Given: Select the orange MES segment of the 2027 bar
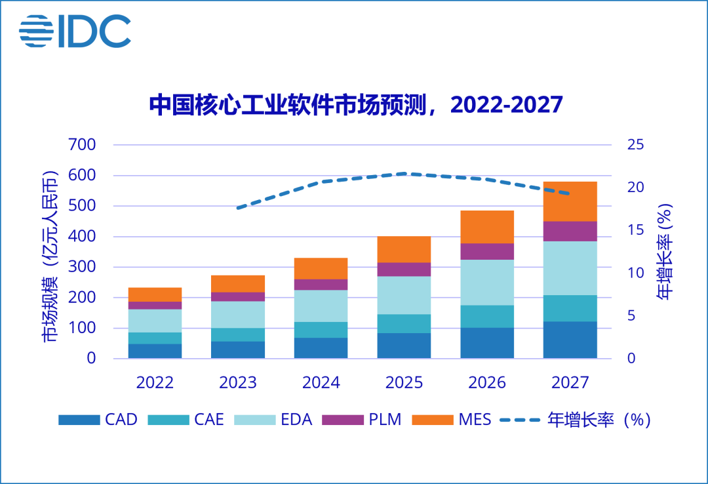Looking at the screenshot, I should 570,201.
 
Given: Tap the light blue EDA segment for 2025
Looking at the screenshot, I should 404,295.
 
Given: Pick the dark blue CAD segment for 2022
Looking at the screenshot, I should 155,351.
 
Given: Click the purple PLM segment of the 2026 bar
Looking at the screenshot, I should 487,252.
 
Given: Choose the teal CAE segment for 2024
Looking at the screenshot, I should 321,330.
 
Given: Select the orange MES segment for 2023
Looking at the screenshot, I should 238,283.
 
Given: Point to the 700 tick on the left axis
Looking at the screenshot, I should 83,145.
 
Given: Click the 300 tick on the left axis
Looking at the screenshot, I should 83,267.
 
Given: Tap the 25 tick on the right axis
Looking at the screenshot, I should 635,145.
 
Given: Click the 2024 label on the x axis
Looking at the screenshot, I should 321,382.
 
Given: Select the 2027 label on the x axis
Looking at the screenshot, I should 570,382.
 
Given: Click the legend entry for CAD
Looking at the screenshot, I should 98,420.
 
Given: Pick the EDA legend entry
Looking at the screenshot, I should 275,420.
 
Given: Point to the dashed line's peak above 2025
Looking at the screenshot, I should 404,174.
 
